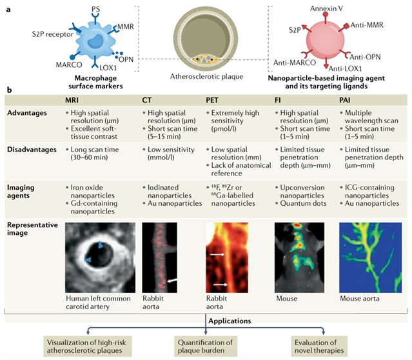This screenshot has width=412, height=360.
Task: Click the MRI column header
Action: click(73, 101)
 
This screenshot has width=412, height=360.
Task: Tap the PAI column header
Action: click(347, 101)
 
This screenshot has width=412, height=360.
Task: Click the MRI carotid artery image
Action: click(101, 256)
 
